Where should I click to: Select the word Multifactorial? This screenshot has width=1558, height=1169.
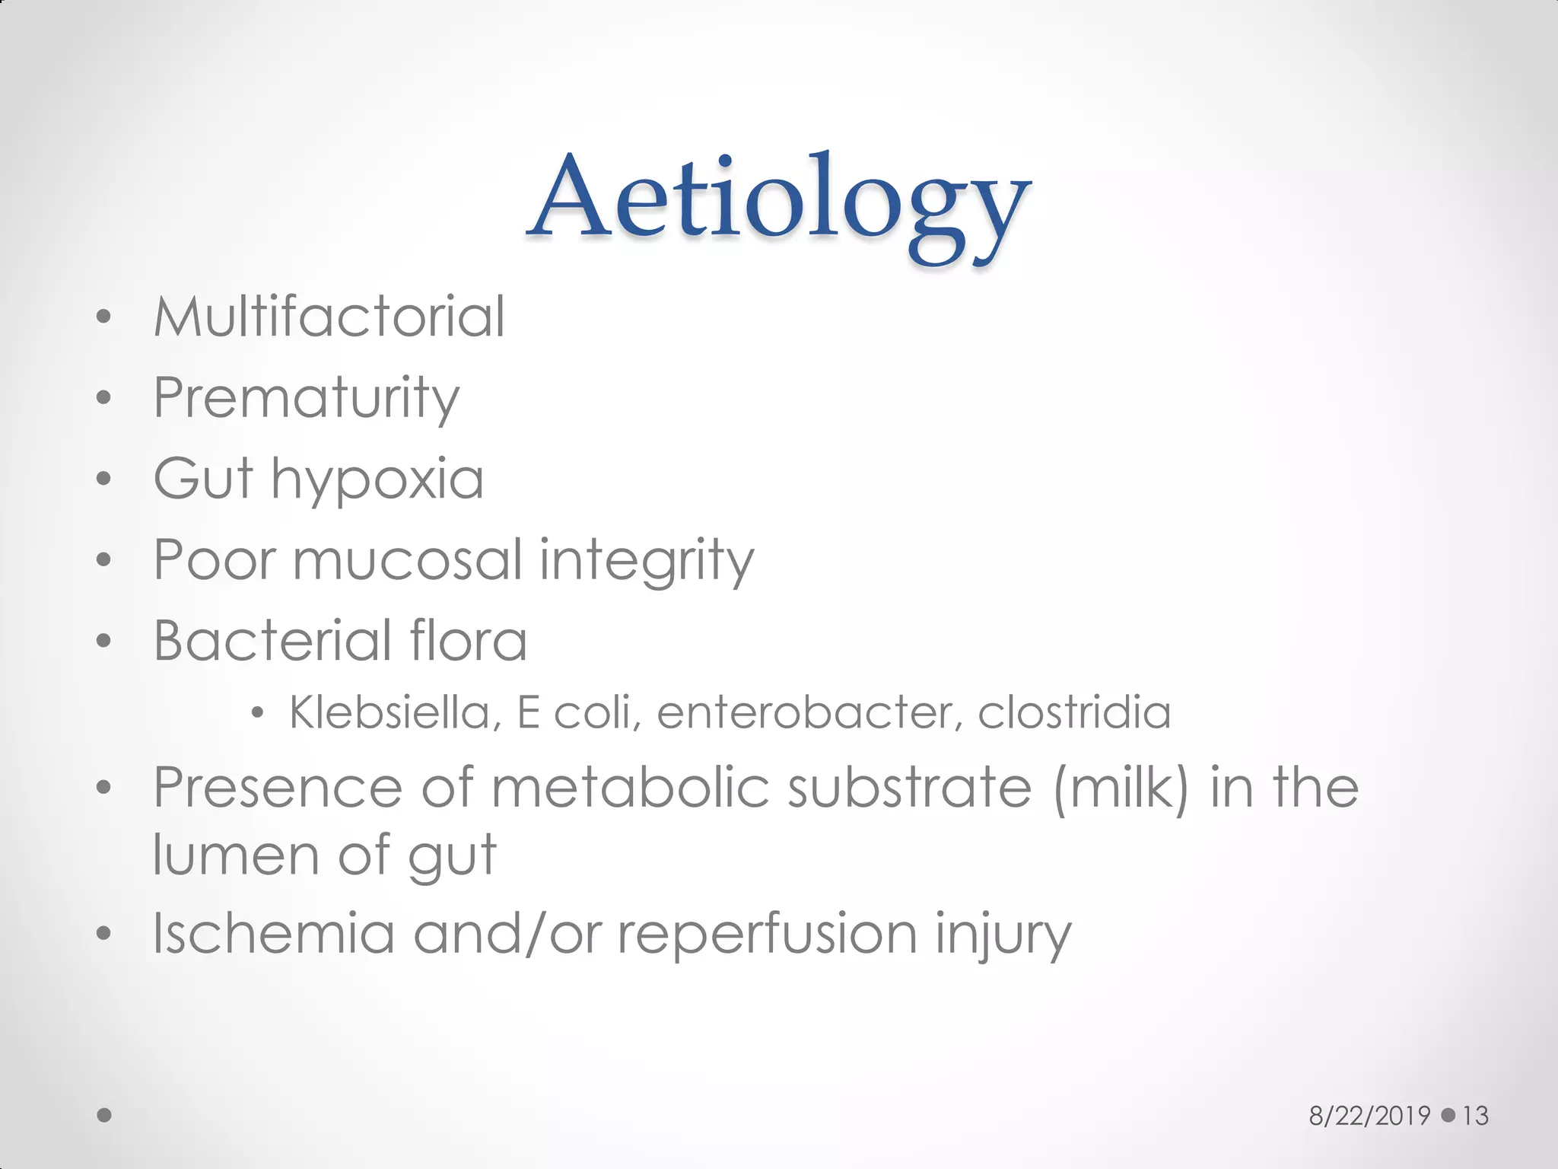click(329, 317)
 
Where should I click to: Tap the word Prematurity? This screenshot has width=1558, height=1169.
click(306, 399)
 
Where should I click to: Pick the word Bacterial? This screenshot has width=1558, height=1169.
click(272, 641)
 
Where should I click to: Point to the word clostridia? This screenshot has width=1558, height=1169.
click(1074, 713)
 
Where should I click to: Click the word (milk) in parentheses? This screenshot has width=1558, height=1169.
click(1121, 788)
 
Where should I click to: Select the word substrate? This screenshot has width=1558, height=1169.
click(910, 788)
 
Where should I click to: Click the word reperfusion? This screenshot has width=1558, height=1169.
click(767, 935)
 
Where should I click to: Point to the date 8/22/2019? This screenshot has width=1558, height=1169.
click(1369, 1116)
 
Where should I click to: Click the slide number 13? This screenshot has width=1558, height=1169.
click(1475, 1116)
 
